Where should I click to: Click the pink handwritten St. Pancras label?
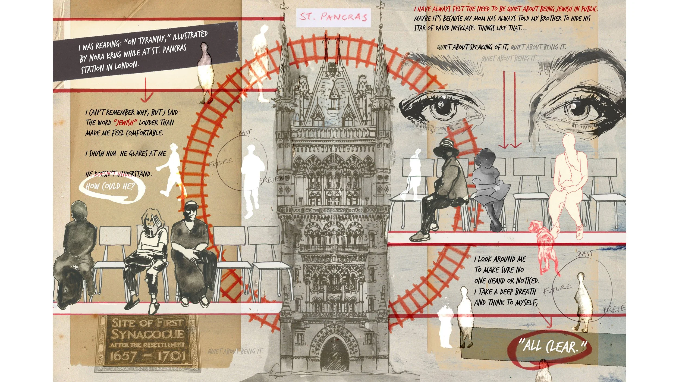(333, 17)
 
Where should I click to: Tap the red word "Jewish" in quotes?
(125, 123)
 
